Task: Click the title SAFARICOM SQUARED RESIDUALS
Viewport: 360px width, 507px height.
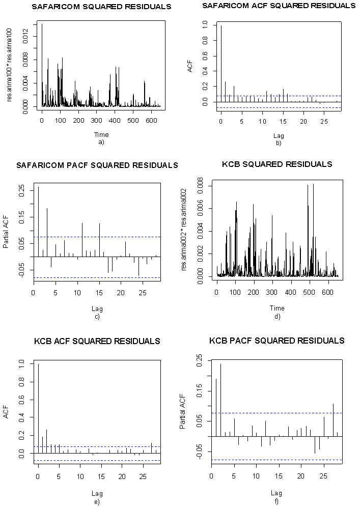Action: [x=101, y=7]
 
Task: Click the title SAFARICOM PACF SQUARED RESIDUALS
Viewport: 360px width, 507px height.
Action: [x=97, y=165]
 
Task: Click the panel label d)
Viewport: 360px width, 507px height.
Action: [x=277, y=316]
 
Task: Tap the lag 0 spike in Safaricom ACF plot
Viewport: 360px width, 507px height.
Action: [x=221, y=64]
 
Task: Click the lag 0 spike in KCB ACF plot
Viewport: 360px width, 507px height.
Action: [x=38, y=407]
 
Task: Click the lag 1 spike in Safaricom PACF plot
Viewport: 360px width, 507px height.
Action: [x=38, y=222]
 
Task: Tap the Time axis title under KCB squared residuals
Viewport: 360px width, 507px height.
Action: [x=277, y=308]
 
